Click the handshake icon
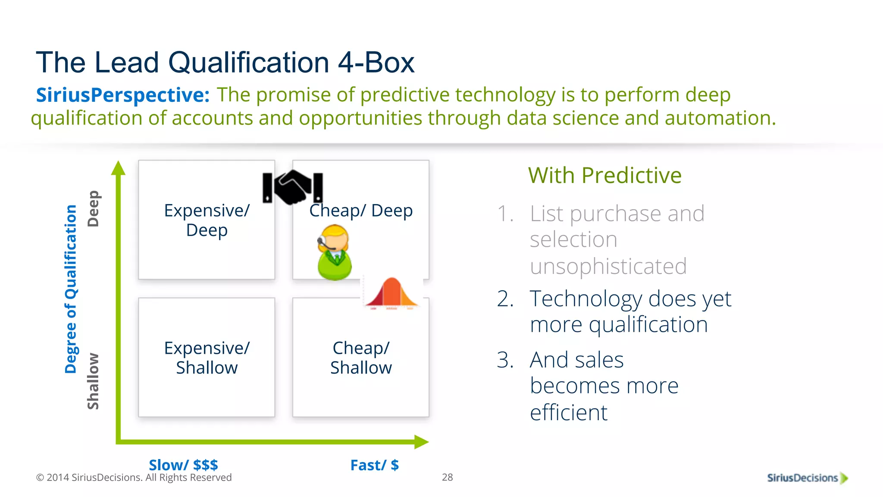point(293,187)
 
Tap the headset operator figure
point(334,252)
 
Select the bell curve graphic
point(391,293)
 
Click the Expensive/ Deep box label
point(207,220)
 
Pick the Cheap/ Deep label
point(361,211)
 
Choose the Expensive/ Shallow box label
point(207,358)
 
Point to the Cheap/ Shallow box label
point(361,358)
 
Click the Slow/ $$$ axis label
point(183,465)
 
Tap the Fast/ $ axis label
point(374,465)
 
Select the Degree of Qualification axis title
point(71,289)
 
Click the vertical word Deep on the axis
point(93,208)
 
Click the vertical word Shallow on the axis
point(93,381)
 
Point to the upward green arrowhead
point(118,168)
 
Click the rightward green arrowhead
point(421,442)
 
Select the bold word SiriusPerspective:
point(122,95)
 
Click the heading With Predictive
point(604,175)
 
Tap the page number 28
point(447,477)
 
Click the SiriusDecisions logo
point(807,478)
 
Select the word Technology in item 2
point(585,299)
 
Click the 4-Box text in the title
point(376,63)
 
